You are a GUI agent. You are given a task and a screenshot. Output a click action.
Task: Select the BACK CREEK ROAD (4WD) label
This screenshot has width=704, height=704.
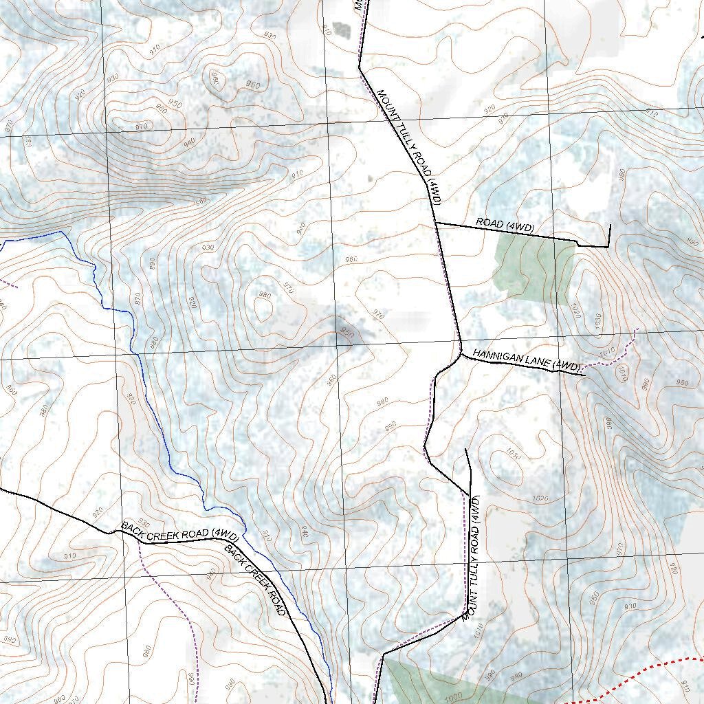[x=180, y=530]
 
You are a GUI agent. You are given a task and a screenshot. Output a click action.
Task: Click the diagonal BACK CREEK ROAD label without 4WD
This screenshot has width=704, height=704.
[x=256, y=581]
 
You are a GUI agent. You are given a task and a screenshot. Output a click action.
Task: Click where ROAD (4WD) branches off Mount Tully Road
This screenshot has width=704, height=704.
[x=435, y=223]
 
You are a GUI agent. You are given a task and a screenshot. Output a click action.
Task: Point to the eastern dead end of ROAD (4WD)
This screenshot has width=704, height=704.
[x=610, y=225]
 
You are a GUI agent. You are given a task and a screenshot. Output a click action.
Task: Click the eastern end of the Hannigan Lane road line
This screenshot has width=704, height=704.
[x=584, y=375]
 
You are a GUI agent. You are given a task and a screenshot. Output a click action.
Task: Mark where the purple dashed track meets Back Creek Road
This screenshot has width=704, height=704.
[x=140, y=543]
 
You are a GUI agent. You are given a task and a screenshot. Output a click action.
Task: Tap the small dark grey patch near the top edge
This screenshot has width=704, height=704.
[x=340, y=30]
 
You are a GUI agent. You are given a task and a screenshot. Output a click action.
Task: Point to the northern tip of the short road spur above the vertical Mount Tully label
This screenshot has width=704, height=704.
[x=467, y=449]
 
